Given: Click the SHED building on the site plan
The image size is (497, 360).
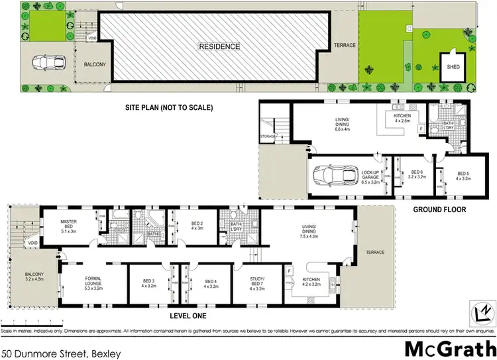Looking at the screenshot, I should click(454, 67).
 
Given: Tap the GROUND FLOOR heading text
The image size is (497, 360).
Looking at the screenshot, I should click(439, 210).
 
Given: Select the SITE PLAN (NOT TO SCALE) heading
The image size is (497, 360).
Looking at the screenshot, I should click(169, 107).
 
